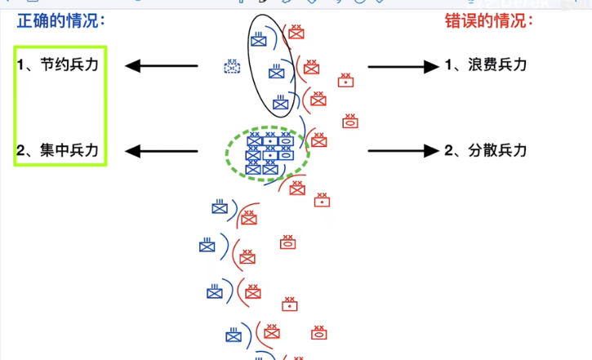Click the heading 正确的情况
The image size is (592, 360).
(x=61, y=21)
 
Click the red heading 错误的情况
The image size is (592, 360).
(x=489, y=21)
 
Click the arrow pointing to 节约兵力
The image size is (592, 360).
(x=162, y=65)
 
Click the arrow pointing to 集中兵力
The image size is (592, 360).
(x=162, y=151)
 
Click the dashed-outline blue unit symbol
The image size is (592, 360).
(x=232, y=66)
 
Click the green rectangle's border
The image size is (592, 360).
(x=15, y=106)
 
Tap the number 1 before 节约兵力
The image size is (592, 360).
(x=20, y=64)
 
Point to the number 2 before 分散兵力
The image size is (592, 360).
(x=449, y=150)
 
